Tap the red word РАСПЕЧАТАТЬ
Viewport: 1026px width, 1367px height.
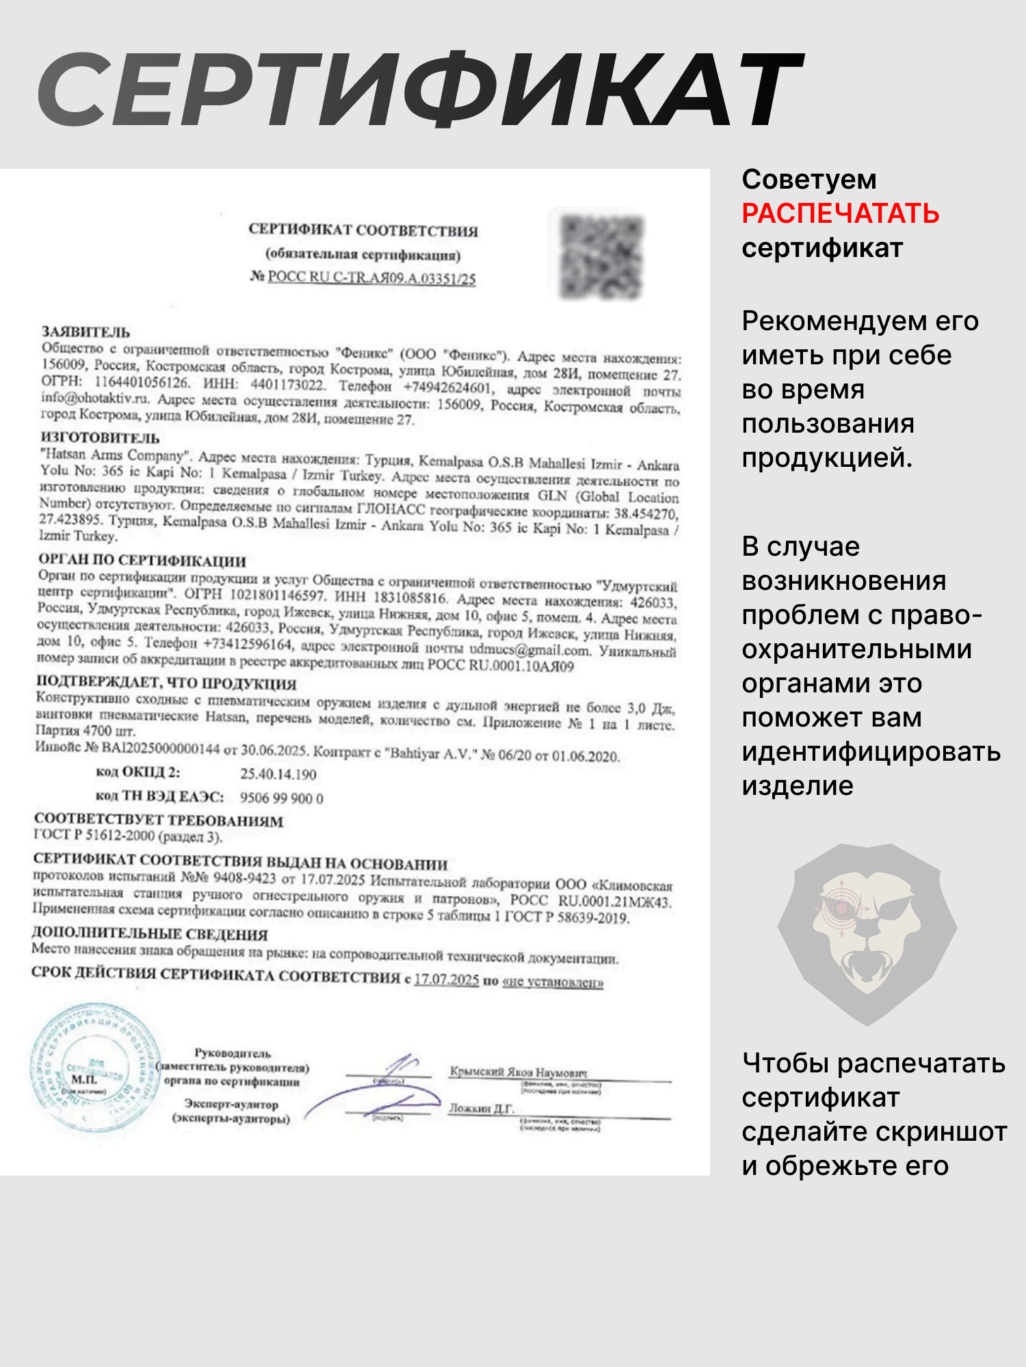[x=840, y=214]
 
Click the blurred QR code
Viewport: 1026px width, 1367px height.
[x=601, y=257]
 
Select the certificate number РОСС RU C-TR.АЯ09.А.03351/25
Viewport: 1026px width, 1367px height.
[x=371, y=278]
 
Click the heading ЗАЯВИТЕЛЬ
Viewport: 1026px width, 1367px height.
[x=86, y=332]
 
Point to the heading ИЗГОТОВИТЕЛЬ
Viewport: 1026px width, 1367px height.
[x=100, y=437]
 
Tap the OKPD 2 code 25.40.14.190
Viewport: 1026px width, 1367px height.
[x=278, y=774]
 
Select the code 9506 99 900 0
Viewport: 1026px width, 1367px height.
[x=281, y=798]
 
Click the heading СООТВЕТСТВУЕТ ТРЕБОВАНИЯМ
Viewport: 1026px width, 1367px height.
[x=159, y=820]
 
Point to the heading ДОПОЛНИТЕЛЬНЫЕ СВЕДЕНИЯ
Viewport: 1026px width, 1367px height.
[x=150, y=934]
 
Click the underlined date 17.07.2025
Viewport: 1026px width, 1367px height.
[x=446, y=979]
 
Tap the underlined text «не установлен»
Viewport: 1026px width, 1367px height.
[x=553, y=982]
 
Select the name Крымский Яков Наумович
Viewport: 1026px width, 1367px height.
[x=518, y=1072]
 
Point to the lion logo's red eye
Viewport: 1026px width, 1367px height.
[x=839, y=908]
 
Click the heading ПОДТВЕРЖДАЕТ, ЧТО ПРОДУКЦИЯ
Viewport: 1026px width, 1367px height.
[x=166, y=683]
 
